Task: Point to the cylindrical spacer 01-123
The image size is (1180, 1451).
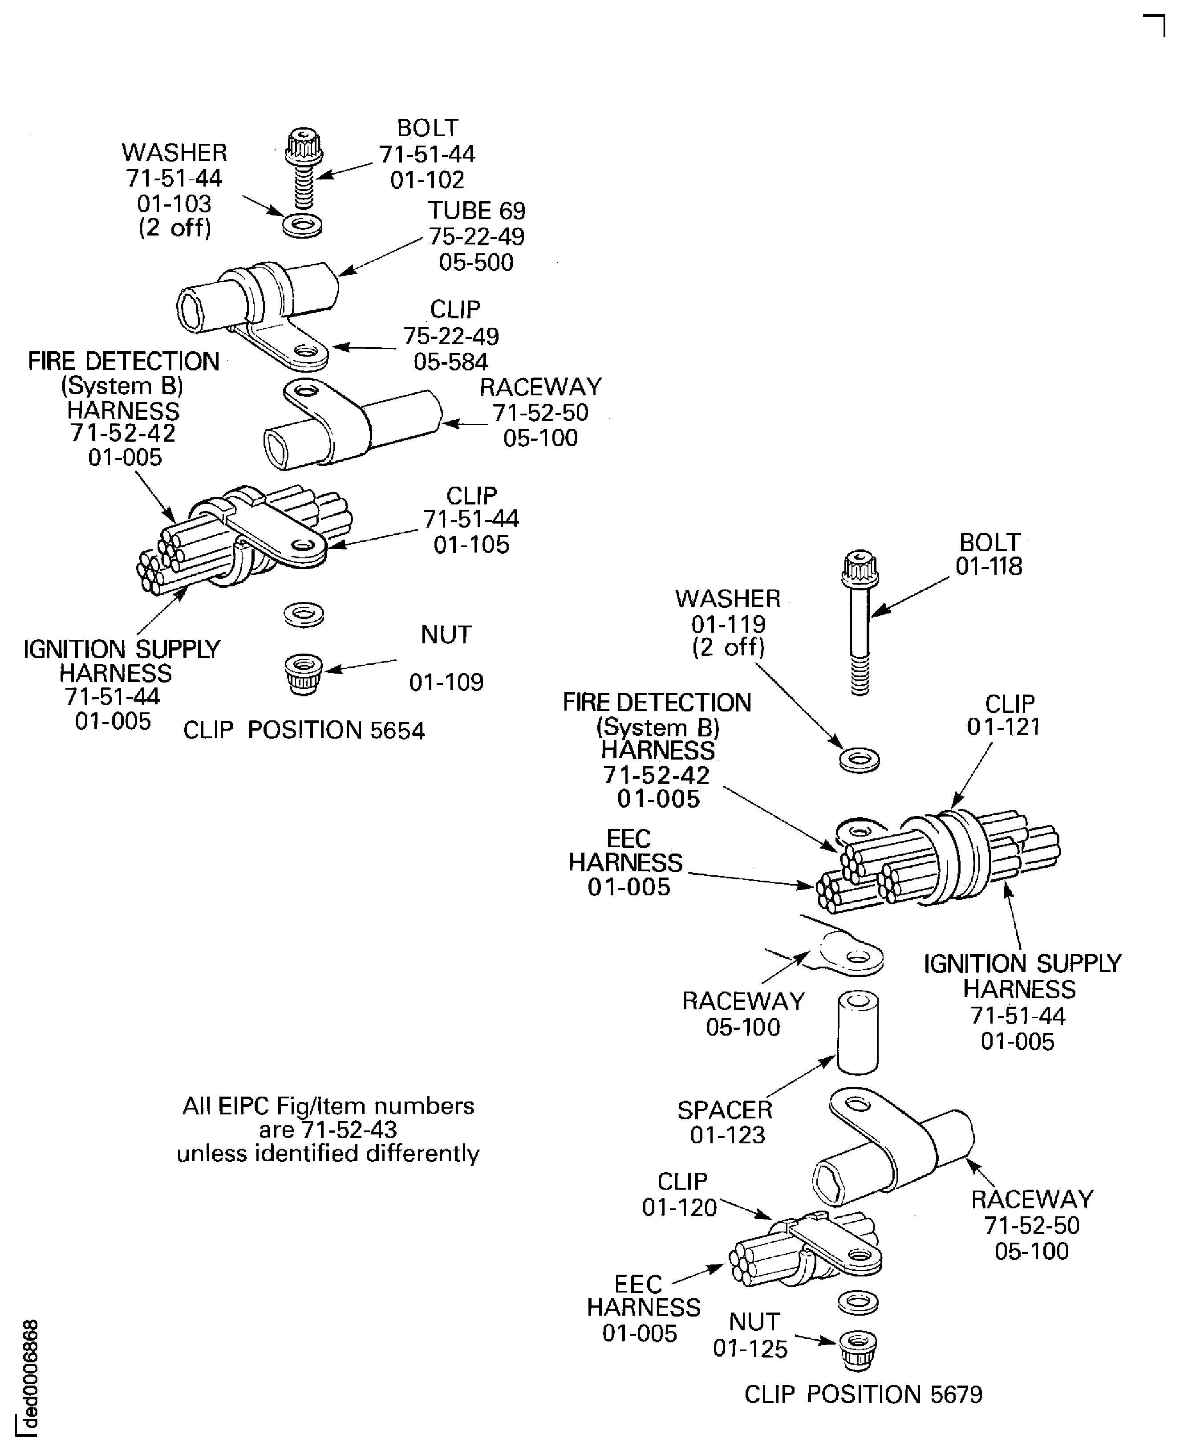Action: click(x=858, y=1032)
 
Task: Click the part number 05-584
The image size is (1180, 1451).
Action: click(x=450, y=362)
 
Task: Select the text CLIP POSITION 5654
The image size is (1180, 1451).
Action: click(x=304, y=730)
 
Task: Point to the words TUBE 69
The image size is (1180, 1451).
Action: click(x=476, y=211)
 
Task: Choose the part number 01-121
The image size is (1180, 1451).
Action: click(x=1004, y=727)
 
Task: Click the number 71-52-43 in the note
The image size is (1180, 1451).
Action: click(x=349, y=1130)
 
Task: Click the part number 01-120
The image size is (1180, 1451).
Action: click(x=680, y=1207)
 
